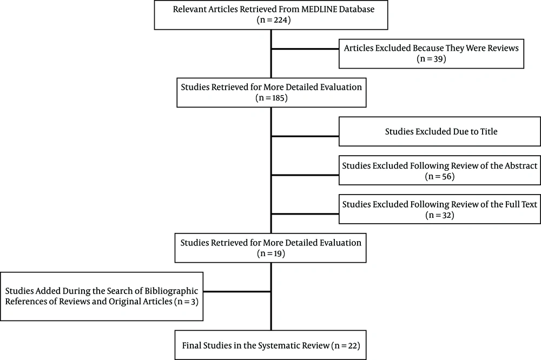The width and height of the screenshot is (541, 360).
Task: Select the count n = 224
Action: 274,20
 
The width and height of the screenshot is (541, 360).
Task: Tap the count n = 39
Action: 431,59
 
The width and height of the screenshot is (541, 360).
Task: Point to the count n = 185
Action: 272,98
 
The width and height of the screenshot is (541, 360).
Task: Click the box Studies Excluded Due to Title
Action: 439,131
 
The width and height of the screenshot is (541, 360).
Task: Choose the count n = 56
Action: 439,177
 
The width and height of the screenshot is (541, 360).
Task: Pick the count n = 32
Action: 439,215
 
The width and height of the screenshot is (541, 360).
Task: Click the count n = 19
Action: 271,254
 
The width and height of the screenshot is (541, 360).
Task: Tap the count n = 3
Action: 186,302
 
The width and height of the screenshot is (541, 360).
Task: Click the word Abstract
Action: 521,166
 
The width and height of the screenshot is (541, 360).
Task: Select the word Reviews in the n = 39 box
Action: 503,48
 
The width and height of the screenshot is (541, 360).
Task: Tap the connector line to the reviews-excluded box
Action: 305,49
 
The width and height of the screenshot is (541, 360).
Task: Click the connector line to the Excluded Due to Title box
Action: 305,137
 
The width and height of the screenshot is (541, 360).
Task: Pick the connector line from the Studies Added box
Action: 237,292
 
